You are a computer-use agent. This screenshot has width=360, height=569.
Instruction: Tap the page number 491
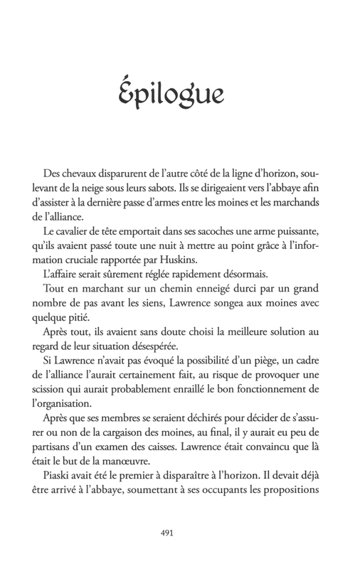pos(180,531)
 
